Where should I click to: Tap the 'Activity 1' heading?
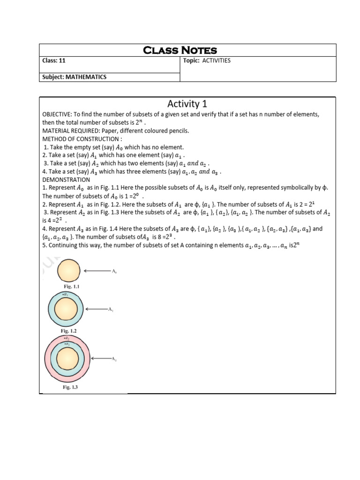point(187,104)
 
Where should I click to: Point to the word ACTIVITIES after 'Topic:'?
point(216,61)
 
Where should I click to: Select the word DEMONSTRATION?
point(66,180)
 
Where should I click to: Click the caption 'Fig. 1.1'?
point(68,286)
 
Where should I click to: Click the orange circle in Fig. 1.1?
point(68,270)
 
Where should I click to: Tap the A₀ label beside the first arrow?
point(113,271)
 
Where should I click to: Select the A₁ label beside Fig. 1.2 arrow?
point(111,310)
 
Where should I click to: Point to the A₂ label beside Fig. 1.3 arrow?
point(113,359)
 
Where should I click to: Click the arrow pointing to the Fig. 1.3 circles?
point(101,359)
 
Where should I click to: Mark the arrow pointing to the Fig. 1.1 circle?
point(97,270)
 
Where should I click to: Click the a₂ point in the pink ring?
point(67,337)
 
